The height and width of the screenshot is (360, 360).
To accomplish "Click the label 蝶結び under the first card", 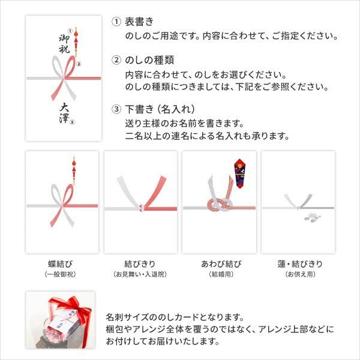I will coord(61,264).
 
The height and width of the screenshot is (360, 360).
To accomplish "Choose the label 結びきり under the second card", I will coord(140,264).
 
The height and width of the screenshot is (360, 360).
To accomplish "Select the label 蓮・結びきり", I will coord(298,264).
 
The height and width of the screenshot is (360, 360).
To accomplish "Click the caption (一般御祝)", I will coord(61,274).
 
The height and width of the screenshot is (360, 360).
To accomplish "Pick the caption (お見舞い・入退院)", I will coord(140,274).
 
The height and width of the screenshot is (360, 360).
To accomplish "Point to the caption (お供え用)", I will coord(298,274).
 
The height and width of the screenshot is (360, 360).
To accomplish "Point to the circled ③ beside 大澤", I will coord(72,122).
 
